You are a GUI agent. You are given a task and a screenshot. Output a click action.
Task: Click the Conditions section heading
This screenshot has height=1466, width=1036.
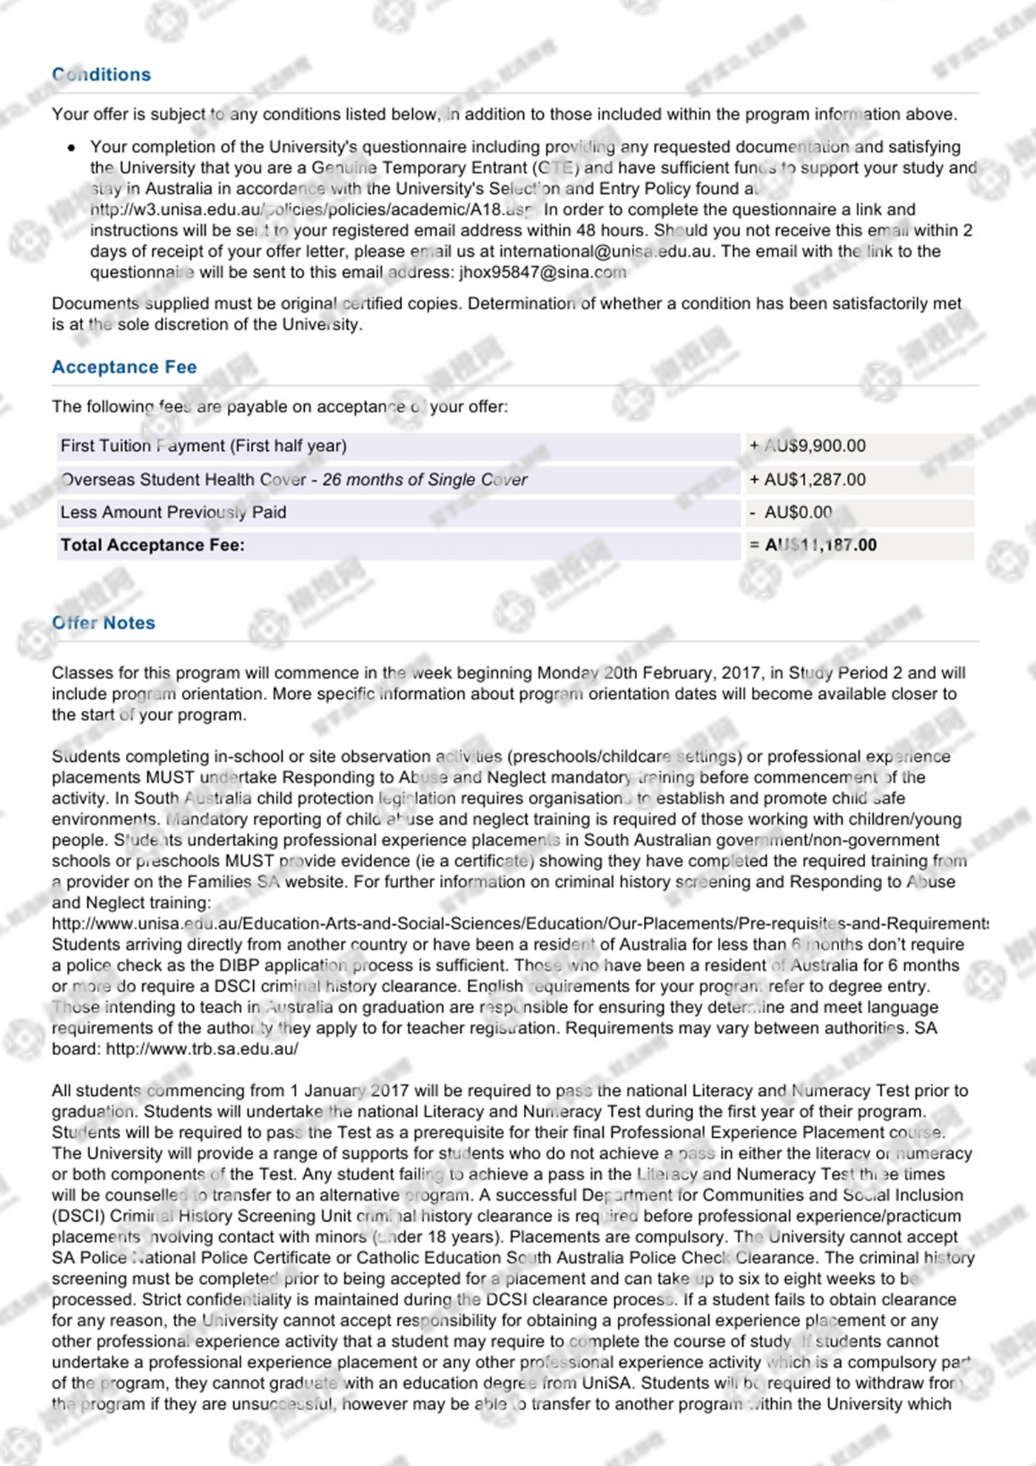[101, 75]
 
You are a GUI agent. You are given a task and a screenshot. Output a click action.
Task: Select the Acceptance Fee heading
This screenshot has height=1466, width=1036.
[124, 367]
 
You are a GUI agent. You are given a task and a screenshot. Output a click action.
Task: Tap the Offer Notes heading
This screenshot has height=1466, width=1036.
[104, 623]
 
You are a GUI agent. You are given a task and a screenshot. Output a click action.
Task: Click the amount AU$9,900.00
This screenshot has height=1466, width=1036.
[814, 446]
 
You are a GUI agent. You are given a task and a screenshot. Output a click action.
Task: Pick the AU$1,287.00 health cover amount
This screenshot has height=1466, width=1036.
[814, 480]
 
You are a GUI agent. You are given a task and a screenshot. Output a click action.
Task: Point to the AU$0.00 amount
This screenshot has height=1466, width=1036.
[797, 512]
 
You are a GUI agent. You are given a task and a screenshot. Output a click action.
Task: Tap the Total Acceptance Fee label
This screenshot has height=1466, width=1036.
[152, 546]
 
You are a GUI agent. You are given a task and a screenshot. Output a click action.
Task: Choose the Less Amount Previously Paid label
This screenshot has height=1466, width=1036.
[173, 512]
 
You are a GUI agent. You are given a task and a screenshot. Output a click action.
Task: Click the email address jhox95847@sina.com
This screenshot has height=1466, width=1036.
[542, 272]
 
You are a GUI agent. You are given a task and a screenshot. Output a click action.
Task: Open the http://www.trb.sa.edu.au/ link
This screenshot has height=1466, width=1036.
[202, 1049]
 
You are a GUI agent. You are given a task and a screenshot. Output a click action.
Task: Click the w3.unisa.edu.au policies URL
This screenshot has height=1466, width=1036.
[311, 210]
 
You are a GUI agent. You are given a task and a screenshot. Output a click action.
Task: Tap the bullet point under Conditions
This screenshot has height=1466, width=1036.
[71, 148]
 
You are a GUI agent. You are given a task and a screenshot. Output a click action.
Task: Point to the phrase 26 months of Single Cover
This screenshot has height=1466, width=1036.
[425, 480]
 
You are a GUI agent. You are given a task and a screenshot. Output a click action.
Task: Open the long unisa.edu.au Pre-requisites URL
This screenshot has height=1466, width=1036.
[518, 924]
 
